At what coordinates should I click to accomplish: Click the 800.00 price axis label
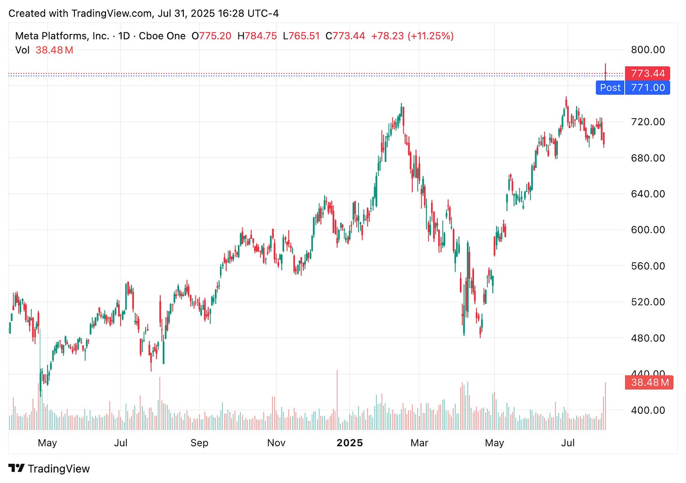tap(648, 50)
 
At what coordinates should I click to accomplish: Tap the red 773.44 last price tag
tap(647, 73)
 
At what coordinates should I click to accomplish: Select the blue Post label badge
tap(610, 88)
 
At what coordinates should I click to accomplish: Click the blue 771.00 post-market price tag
tap(647, 88)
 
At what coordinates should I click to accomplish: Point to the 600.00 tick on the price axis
tap(648, 230)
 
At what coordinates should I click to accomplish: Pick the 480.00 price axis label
tap(648, 338)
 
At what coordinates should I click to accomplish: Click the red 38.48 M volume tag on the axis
tap(649, 382)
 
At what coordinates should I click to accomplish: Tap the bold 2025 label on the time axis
tap(350, 443)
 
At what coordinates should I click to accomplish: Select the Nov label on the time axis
tap(276, 443)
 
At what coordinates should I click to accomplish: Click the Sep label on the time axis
tap(199, 443)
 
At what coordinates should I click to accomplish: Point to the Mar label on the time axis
tap(419, 443)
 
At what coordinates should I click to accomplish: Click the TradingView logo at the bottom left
tap(49, 468)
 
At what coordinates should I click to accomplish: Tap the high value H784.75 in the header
tap(257, 36)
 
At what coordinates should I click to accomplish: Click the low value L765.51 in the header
tap(301, 36)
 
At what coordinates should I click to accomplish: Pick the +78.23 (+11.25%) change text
tap(412, 36)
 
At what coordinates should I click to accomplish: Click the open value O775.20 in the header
tap(212, 36)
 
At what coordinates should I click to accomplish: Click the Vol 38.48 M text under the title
tap(44, 50)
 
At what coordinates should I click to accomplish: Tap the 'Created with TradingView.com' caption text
tap(80, 13)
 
